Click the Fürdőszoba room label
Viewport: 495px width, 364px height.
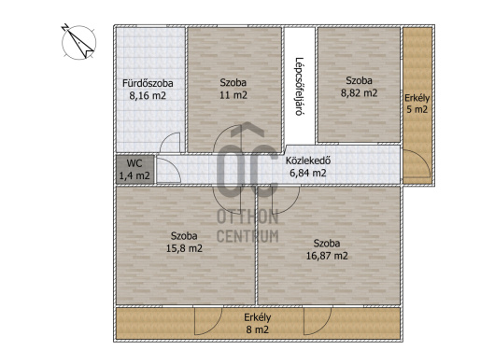pos(148,83)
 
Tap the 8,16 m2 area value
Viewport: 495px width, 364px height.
pos(148,95)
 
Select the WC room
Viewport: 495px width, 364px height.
pos(135,169)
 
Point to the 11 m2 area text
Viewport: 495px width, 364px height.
pos(233,95)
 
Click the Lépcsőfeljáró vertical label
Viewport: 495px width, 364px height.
pos(299,87)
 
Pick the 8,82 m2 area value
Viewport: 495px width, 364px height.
pos(359,93)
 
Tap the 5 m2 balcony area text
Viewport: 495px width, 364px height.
pos(417,109)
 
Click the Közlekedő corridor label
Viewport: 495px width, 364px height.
pos(308,161)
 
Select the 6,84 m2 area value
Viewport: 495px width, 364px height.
pos(308,173)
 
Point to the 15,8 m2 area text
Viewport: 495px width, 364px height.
pos(184,248)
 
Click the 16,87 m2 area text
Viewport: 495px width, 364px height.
pos(327,256)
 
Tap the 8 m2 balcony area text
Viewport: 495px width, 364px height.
pos(257,329)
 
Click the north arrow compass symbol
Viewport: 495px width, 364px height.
pos(78,42)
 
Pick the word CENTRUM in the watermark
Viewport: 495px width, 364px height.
pos(247,236)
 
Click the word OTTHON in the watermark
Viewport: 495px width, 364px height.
pos(247,217)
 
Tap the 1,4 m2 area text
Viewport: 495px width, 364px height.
pos(134,175)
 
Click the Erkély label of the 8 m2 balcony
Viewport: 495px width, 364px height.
pos(257,317)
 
